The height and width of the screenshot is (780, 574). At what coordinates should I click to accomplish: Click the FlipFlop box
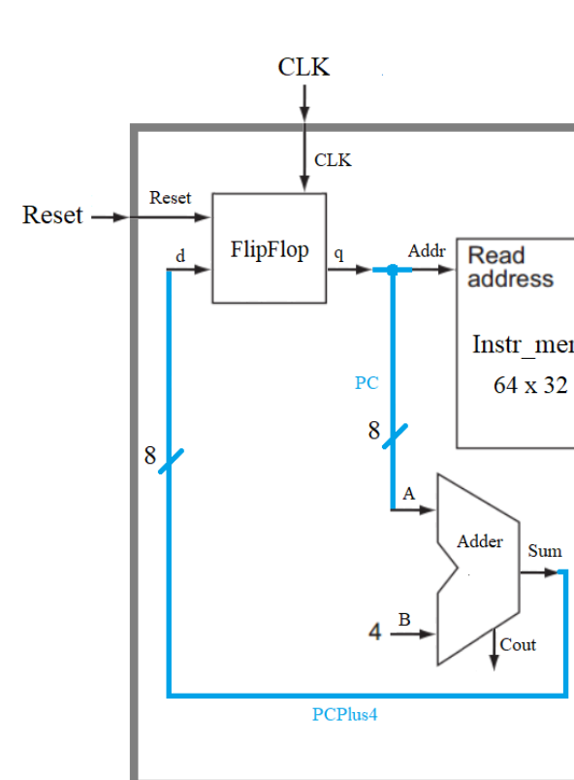point(269,248)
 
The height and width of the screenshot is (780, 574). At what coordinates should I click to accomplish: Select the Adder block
point(477,570)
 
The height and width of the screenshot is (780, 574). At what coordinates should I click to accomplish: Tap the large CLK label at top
point(303,67)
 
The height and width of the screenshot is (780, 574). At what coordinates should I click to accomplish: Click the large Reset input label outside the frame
point(52,215)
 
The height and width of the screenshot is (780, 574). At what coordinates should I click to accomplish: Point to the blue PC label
point(366,383)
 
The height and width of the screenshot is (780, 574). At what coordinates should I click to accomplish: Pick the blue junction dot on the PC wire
point(392,271)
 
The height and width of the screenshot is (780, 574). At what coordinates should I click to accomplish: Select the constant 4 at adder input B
point(374,634)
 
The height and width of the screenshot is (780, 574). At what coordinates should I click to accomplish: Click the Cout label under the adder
point(518,644)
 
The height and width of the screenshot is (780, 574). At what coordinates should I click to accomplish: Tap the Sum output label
point(544,551)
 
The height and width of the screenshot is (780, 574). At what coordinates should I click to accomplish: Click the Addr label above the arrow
point(427,250)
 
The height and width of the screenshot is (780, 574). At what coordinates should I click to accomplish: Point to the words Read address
point(510,268)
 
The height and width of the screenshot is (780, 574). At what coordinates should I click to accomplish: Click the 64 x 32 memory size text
point(529,384)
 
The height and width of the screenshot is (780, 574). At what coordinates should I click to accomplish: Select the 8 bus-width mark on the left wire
point(150,455)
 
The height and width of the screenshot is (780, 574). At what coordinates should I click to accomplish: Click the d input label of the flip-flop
point(179,255)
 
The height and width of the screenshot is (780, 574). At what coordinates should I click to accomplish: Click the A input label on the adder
point(408,494)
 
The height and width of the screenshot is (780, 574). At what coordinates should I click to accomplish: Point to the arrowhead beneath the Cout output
point(493,670)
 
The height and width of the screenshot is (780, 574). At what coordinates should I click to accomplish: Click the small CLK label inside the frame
point(333,160)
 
